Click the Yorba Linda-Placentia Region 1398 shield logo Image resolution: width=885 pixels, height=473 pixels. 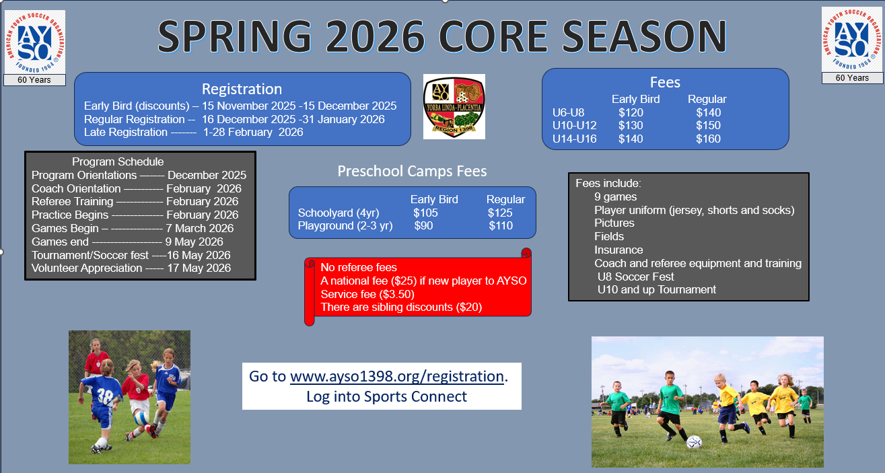point(454,106)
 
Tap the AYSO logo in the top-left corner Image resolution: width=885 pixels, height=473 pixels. point(35,42)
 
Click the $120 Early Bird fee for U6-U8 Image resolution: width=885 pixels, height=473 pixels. point(631,112)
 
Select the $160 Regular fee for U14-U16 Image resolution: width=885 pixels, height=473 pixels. point(709,139)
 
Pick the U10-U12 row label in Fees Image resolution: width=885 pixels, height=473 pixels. point(575,126)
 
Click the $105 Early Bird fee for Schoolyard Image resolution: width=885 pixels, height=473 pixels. point(425,213)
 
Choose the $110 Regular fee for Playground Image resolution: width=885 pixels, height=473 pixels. point(501,226)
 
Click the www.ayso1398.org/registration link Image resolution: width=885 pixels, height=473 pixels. point(397,376)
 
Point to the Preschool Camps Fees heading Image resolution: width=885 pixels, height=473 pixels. point(412,172)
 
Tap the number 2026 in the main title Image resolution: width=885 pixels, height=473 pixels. point(376,36)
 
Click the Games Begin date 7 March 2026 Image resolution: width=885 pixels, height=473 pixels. point(199,228)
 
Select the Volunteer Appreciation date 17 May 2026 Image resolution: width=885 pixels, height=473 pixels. point(199,268)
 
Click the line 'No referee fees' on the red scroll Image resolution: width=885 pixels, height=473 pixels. point(359,267)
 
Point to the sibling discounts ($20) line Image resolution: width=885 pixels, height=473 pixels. point(401,307)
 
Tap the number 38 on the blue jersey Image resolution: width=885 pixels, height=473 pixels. point(105,396)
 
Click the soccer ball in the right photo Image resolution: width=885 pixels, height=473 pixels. point(694,442)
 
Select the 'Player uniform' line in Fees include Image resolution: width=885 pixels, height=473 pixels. point(694,210)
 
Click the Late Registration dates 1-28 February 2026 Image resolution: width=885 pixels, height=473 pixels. point(253,133)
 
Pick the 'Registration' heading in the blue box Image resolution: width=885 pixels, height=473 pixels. point(242,89)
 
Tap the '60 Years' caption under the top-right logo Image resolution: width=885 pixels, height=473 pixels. point(852,78)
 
